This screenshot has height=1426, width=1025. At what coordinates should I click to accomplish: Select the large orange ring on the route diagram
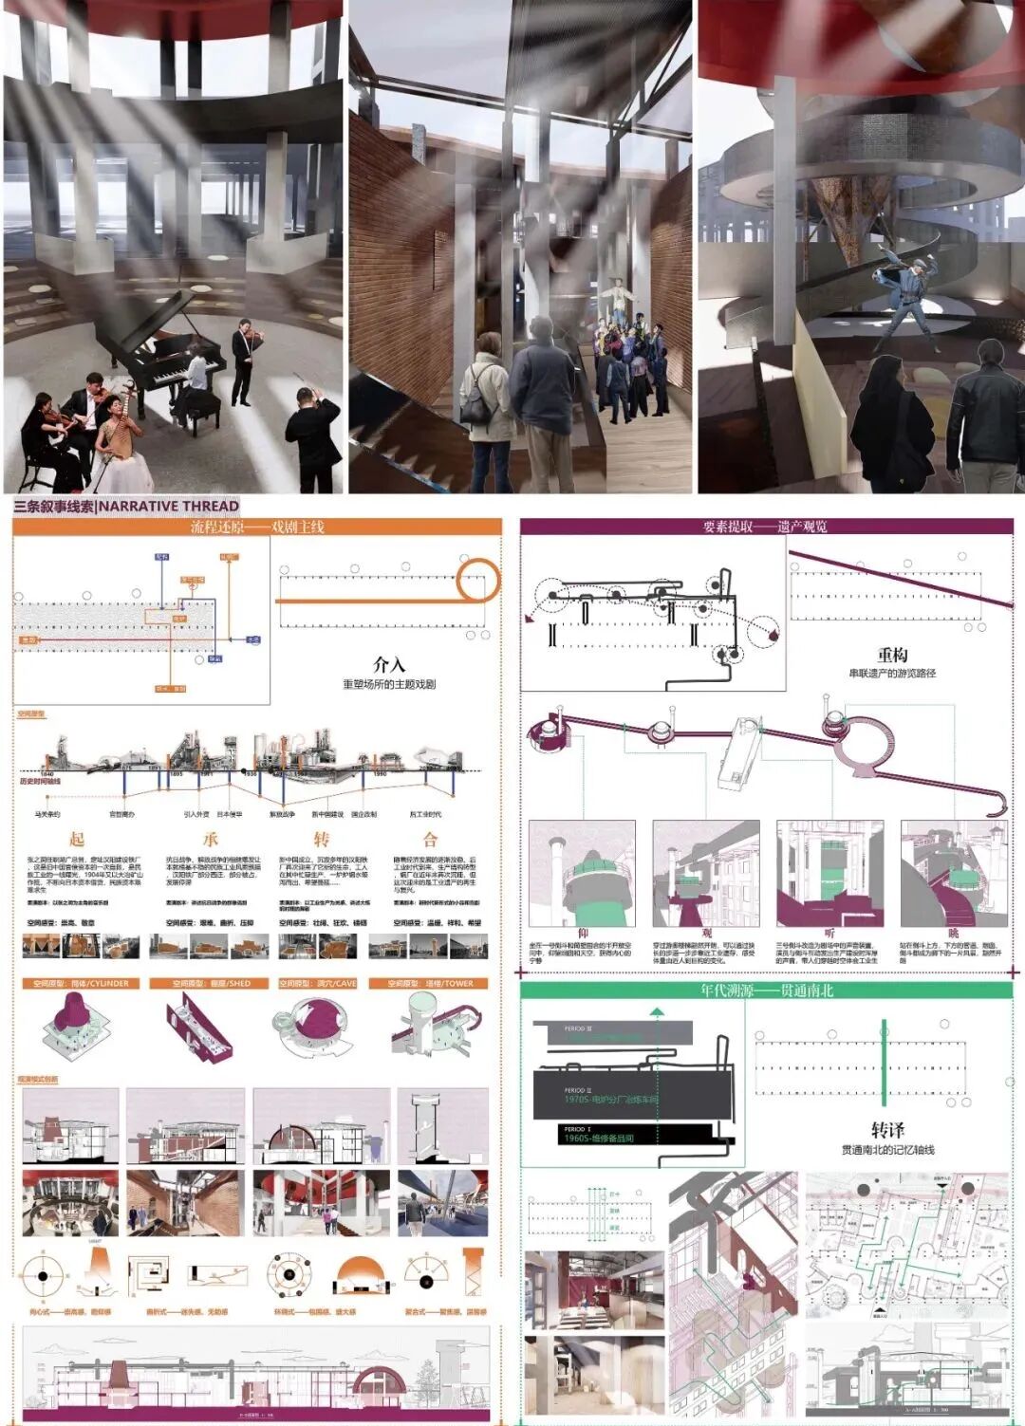tap(477, 580)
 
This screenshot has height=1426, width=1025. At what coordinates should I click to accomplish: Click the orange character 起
tap(77, 839)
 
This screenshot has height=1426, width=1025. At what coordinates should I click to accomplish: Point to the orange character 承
tap(211, 839)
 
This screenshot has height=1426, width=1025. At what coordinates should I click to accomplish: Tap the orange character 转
tap(322, 839)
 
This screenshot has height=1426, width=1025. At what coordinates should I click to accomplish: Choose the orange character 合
tap(431, 839)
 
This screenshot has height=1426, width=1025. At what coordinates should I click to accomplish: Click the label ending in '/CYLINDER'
tap(80, 984)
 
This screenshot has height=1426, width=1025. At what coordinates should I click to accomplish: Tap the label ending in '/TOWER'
tap(430, 984)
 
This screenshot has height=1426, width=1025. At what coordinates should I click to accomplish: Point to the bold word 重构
tap(892, 655)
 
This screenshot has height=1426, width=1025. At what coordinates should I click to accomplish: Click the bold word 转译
tap(887, 1130)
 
